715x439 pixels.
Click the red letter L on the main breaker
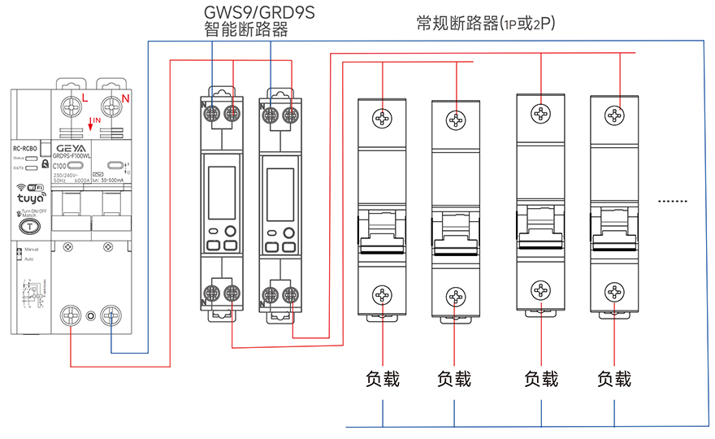coord(85,98)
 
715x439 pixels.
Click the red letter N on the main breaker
coord(125,98)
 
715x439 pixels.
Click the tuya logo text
coord(31,197)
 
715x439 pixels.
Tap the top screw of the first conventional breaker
coord(382,119)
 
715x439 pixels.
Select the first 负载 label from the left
coord(382,379)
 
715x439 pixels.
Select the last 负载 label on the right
coord(613,379)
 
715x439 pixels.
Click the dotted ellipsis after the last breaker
coord(672,200)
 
